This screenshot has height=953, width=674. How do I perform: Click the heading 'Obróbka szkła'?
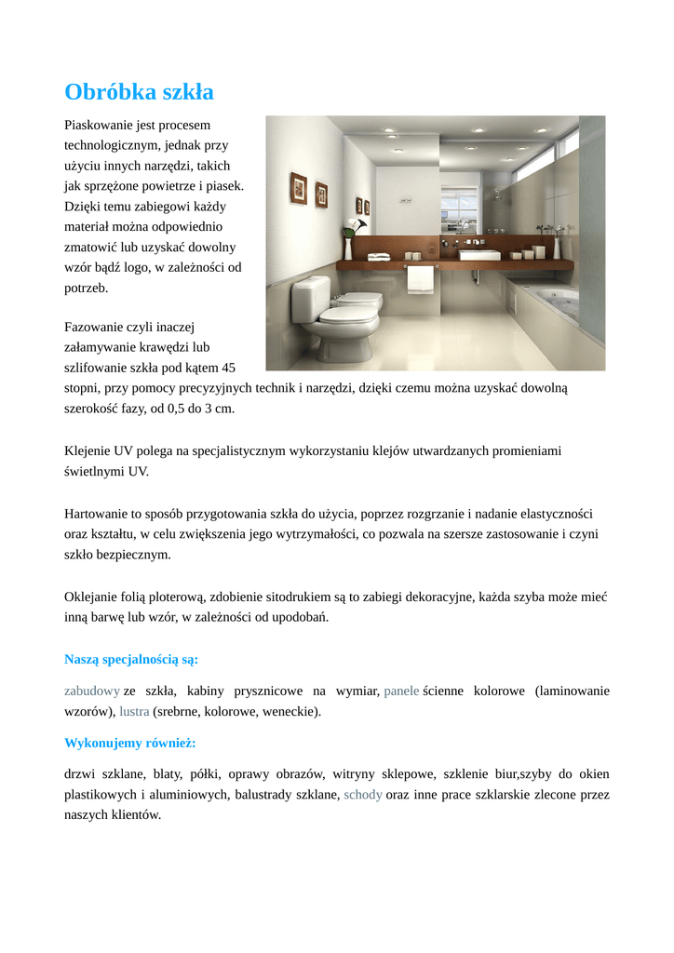click(x=139, y=92)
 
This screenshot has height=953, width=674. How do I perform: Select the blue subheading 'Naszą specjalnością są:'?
click(x=131, y=660)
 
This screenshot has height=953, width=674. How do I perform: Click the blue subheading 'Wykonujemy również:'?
click(x=129, y=743)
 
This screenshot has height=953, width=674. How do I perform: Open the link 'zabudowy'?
click(x=91, y=691)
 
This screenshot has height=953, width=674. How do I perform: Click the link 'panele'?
click(x=401, y=691)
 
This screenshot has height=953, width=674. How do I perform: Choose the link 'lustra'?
click(x=134, y=712)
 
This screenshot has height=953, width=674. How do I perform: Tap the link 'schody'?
click(x=363, y=795)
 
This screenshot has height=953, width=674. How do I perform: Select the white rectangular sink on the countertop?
click(x=479, y=253)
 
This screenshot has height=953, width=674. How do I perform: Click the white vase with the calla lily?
click(x=348, y=248)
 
